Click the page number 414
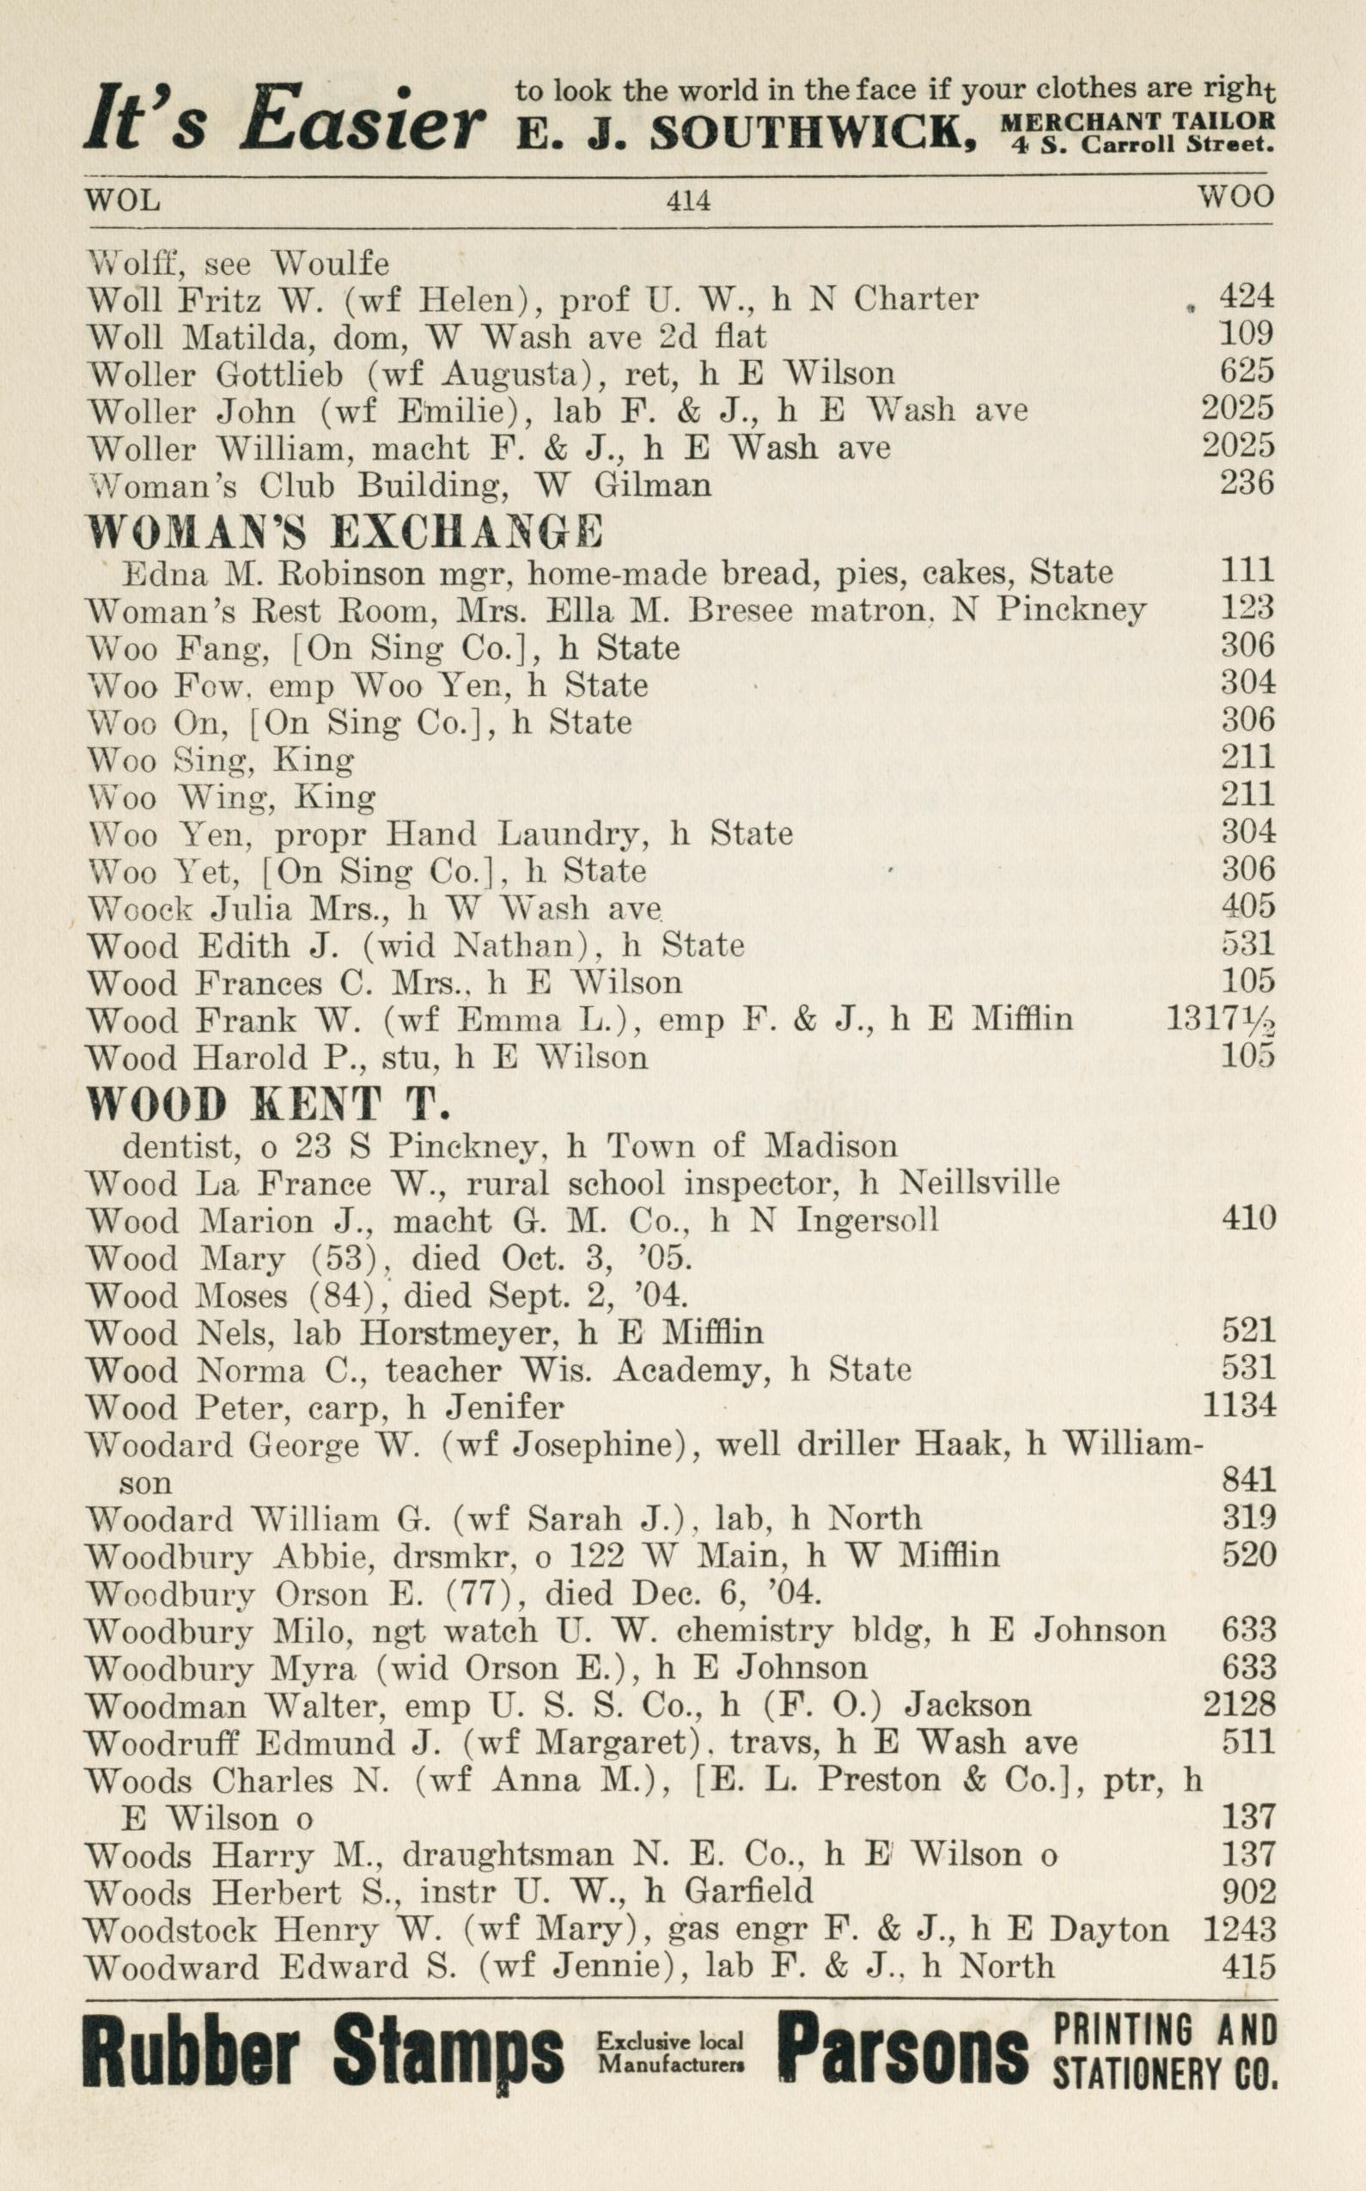[687, 199]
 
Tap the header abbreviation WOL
[122, 198]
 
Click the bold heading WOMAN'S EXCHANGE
[345, 531]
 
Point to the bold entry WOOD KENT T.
[268, 1103]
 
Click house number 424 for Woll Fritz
[1246, 296]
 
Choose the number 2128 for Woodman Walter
[1239, 1704]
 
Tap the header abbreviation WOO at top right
[1235, 196]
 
